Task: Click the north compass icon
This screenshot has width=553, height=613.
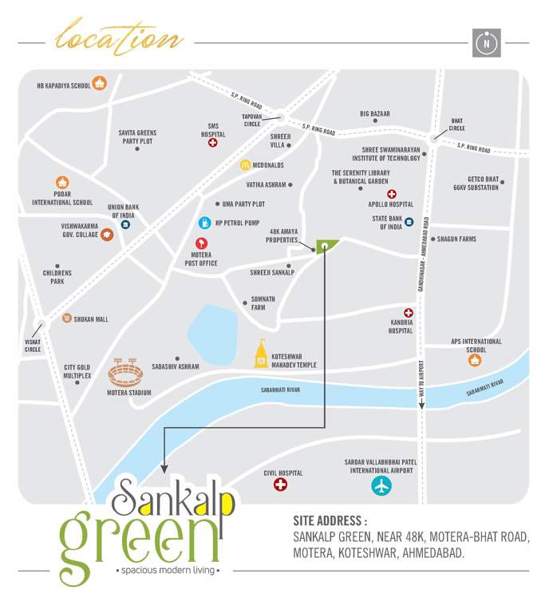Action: (x=485, y=43)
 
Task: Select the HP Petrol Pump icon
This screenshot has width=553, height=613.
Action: (x=204, y=223)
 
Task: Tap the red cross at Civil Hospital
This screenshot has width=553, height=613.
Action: (x=281, y=484)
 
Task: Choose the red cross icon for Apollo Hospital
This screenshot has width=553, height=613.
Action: (x=392, y=194)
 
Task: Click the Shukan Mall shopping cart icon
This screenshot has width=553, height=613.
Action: (x=66, y=318)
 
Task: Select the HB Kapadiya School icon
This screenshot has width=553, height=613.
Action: (x=99, y=83)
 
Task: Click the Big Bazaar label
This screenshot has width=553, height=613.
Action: (x=375, y=114)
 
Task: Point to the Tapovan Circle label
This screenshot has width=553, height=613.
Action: (x=252, y=120)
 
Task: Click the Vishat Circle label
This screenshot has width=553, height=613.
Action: (x=33, y=346)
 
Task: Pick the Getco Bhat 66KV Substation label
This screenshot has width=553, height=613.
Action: (x=483, y=184)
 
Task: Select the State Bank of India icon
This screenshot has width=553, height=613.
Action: (x=409, y=222)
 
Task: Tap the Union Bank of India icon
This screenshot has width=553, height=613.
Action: (x=125, y=225)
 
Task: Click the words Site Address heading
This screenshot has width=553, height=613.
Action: (x=330, y=521)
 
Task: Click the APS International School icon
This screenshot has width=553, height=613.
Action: (x=475, y=360)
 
